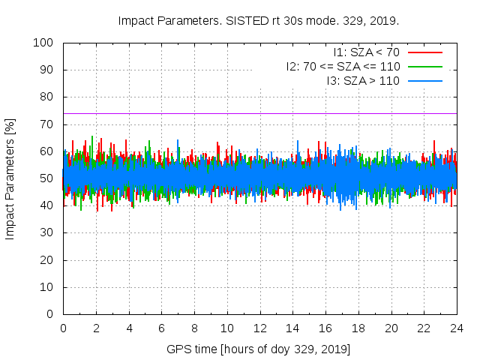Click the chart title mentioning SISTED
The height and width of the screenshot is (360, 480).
[259, 20]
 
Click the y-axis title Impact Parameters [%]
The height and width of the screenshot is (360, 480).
[10, 178]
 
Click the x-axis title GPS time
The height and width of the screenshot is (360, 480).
[259, 349]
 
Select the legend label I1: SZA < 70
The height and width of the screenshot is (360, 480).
[367, 52]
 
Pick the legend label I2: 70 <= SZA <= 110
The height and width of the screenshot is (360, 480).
[343, 66]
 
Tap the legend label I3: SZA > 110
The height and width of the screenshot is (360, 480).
[363, 80]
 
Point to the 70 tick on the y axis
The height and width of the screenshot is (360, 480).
[46, 124]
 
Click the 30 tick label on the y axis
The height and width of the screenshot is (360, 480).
[46, 232]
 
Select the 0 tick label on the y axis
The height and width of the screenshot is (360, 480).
[49, 314]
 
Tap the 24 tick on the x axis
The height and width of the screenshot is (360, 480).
[456, 328]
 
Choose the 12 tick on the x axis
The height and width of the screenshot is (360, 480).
[259, 328]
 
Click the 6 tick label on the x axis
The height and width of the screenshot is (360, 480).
[161, 328]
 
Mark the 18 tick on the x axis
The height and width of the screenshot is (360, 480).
[358, 328]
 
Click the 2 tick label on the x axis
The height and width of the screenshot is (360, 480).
[96, 328]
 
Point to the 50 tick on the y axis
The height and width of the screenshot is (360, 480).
[46, 178]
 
